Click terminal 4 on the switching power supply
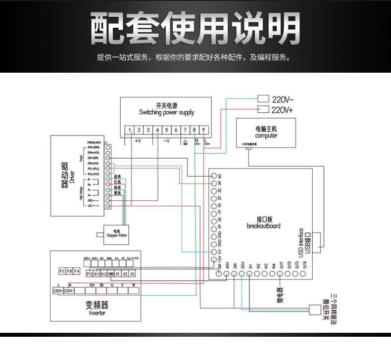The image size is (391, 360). tap(157, 131)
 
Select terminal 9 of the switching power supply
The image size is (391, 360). tap(203, 131)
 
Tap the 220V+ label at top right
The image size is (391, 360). tap(283, 110)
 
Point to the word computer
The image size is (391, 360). tap(266, 135)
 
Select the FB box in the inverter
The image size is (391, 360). tap(69, 271)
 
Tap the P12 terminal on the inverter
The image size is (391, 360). tap(90, 273)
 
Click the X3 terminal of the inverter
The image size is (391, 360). tap(133, 273)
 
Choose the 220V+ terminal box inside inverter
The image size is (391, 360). tap(57, 291)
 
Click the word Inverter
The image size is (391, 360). tap(97, 313)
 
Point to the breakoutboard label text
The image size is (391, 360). tap(263, 225)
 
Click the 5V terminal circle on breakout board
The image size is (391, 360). tap(214, 252)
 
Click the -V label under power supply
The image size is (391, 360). tap(166, 141)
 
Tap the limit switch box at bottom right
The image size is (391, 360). tap(315, 310)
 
